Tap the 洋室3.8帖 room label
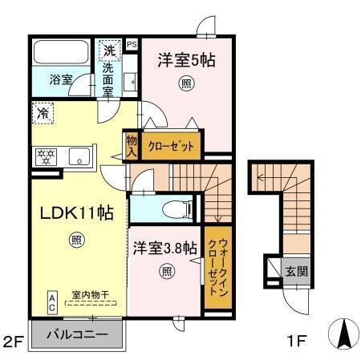(165, 249)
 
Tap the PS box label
(132, 44)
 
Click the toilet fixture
(173, 210)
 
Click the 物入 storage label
(132, 145)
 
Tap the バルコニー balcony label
(76, 334)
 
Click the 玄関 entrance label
(295, 272)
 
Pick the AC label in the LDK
(51, 300)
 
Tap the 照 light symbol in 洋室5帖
(186, 83)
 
